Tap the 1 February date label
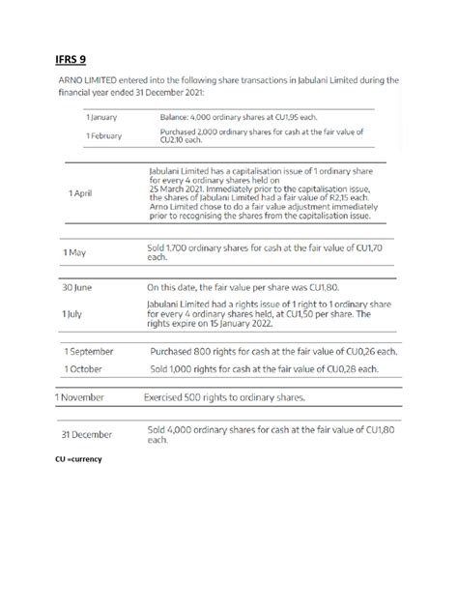104,136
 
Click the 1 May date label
75,252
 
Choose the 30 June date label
77,288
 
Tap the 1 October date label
84,368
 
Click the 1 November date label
86,396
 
